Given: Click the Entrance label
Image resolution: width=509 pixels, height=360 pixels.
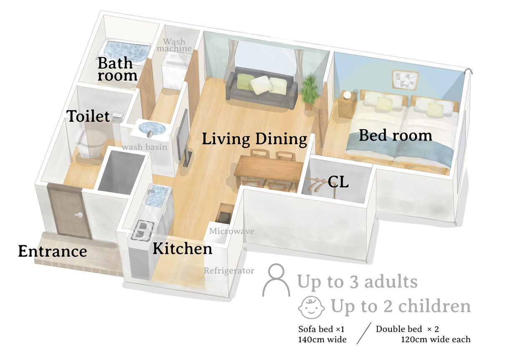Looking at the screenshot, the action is coord(53,251).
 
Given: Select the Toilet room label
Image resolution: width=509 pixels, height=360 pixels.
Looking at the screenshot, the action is coord(88,116).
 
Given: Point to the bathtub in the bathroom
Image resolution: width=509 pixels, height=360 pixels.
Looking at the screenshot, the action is coord(126,51).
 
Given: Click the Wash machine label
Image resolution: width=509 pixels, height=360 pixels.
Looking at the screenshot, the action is coord(174,45).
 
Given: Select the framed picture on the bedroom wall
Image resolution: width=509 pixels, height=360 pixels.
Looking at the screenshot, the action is coord(405,80).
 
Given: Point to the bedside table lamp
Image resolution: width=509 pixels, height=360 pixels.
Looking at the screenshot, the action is coord(347,95).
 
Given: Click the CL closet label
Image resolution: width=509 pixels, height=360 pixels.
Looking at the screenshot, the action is coord(338,182).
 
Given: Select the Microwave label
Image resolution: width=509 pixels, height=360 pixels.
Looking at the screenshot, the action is coord(232,231).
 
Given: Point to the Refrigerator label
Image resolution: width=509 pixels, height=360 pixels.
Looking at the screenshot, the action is coord(229,271).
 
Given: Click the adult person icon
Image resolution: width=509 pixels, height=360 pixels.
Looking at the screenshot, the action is coord(276,280).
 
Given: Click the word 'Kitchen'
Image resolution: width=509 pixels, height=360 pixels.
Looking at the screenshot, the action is coord(182,249).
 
